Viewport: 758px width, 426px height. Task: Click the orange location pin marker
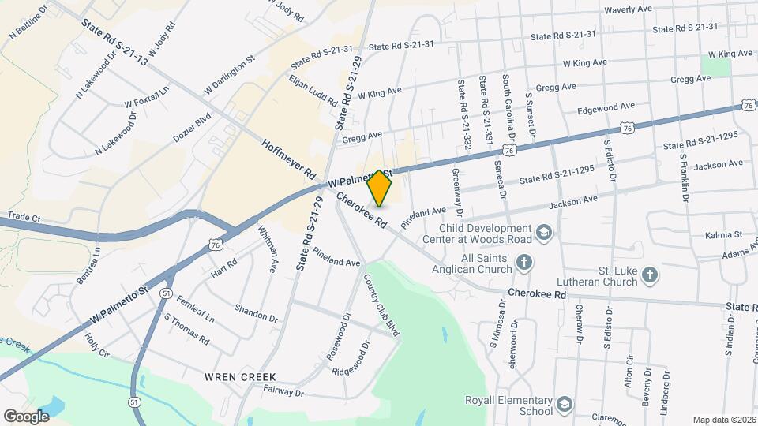coord(380,189)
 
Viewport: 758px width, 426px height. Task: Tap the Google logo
coord(27,416)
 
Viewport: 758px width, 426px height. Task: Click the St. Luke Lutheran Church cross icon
coord(650,275)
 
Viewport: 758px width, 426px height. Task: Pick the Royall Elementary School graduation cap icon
coord(565,405)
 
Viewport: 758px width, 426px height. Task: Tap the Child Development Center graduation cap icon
coord(543,232)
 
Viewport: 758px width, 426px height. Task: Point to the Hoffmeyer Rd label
coord(288,158)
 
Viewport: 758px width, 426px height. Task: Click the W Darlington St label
coord(229,75)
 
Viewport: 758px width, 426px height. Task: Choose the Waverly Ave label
coord(628,10)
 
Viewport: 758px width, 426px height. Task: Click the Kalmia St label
coord(727,234)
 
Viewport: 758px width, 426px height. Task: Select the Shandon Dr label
coord(256,313)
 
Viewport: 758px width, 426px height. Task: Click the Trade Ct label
coord(23,215)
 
